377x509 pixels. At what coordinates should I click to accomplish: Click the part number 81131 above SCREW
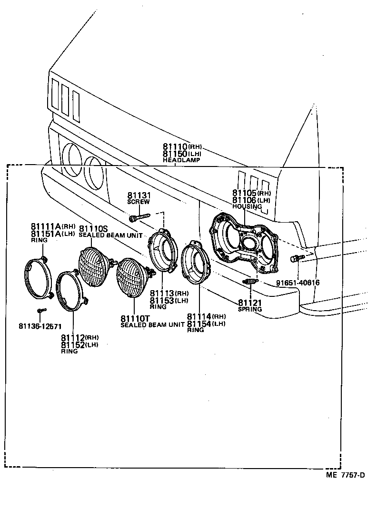[139, 195]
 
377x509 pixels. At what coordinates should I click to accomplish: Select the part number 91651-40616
[298, 283]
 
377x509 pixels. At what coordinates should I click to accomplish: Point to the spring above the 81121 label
[250, 282]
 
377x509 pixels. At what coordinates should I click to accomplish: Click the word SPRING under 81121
[250, 309]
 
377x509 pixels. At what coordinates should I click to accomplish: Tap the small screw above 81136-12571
[40, 310]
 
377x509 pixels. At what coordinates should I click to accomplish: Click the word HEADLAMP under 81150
[181, 160]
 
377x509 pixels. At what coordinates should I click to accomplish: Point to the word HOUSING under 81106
[247, 206]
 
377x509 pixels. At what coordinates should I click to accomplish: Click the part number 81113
[162, 293]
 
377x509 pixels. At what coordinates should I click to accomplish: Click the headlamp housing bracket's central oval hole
[248, 244]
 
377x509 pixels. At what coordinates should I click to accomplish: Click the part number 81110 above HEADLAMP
[175, 147]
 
